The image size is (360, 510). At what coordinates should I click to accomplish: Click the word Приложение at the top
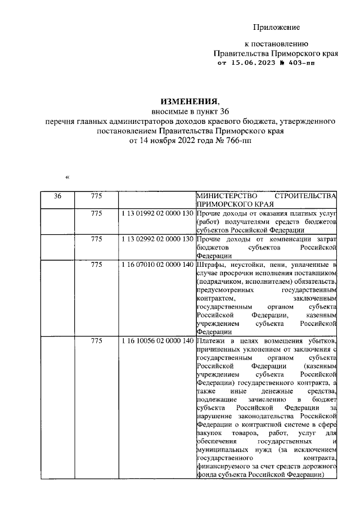click(276, 28)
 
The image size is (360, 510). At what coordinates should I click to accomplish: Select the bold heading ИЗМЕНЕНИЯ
click(188, 101)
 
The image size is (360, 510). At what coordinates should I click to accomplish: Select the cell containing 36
click(58, 196)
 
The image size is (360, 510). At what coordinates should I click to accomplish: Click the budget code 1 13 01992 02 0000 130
click(156, 215)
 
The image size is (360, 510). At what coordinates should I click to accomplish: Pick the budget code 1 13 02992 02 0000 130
click(156, 239)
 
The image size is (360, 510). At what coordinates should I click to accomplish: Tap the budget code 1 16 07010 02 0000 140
click(156, 263)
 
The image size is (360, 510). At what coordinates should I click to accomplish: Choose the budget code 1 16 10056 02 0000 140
click(156, 342)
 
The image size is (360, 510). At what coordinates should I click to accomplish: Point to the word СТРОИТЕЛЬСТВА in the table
click(308, 196)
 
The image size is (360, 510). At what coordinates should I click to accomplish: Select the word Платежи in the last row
click(211, 342)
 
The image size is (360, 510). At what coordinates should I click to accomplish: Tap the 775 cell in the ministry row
click(97, 196)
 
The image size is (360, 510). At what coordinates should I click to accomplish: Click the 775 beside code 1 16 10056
click(97, 342)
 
